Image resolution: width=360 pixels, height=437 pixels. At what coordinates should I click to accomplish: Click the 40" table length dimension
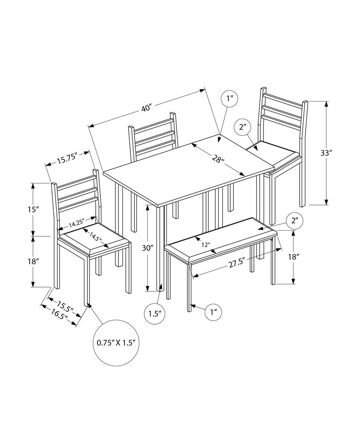pos(145,109)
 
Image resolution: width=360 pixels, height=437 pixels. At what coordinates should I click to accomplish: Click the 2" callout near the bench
pos(295,221)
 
